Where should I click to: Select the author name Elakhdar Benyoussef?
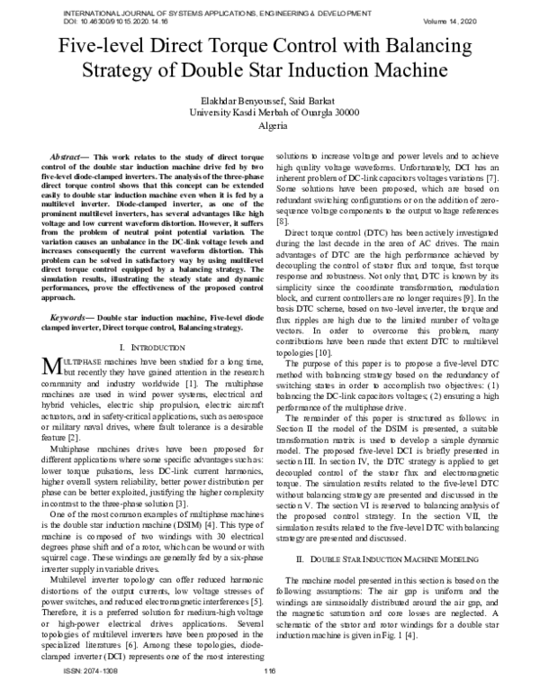pos(229,100)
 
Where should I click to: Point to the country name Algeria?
pos(270,127)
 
